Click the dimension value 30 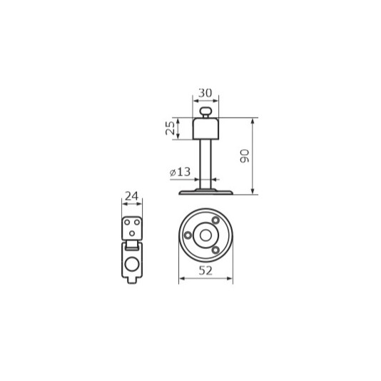point(205,93)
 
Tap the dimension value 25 point(170,128)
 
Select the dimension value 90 point(245,156)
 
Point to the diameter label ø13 point(180,172)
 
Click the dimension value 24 point(132,195)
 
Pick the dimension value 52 point(205,270)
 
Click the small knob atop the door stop point(205,111)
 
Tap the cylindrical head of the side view point(205,128)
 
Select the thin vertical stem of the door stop point(205,164)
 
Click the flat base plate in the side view point(205,192)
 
